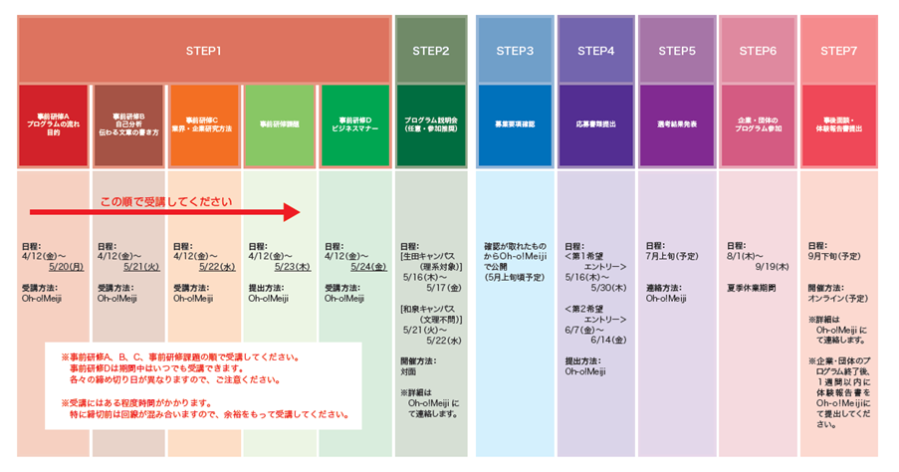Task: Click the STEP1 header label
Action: pos(203,50)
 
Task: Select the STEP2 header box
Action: pos(431,50)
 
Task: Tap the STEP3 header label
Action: pos(514,50)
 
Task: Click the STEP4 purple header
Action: pos(595,50)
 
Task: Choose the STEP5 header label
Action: pos(677,50)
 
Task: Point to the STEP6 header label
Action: pos(758,50)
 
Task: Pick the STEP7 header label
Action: pos(839,50)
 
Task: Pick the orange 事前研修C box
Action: pos(203,124)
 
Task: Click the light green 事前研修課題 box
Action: pos(280,124)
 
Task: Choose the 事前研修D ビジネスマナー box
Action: pos(354,124)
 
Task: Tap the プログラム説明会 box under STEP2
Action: pos(431,124)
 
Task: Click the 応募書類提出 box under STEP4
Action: pos(595,124)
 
